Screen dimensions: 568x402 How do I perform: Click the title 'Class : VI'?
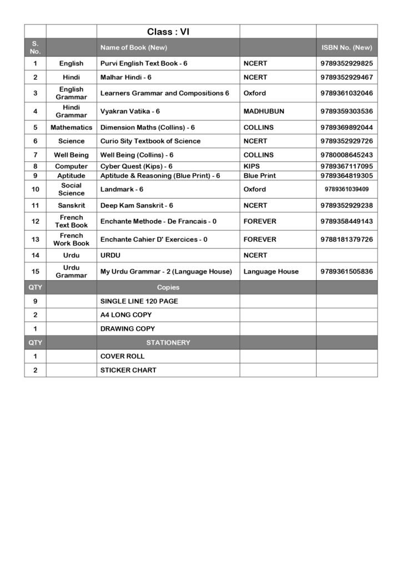[x=168, y=32]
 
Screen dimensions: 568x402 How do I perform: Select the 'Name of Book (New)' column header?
[x=130, y=48]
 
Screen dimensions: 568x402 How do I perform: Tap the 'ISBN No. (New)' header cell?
[x=346, y=48]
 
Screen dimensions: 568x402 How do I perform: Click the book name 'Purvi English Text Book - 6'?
[x=144, y=64]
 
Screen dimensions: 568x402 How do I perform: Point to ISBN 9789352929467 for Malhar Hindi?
[x=346, y=78]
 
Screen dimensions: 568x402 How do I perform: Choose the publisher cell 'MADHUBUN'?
[x=264, y=111]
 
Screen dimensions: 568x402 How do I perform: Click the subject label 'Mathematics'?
[x=71, y=128]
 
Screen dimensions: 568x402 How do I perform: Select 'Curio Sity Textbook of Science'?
[x=150, y=141]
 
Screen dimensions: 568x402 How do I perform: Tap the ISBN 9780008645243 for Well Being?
[x=346, y=155]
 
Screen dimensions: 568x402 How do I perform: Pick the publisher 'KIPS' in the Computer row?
[x=252, y=166]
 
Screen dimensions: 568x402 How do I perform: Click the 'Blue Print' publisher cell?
[x=259, y=176]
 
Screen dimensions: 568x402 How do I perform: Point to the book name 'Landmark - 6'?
[x=122, y=190]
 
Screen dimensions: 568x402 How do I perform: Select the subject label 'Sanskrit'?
[x=71, y=205]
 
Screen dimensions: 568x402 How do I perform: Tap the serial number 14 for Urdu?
[x=35, y=256]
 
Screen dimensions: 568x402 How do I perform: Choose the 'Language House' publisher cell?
[x=271, y=272]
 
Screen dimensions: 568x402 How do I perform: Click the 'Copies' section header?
[x=168, y=288]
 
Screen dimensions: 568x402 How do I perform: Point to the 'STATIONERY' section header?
[x=168, y=343]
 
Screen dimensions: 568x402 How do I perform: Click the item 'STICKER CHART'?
[x=128, y=370]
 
